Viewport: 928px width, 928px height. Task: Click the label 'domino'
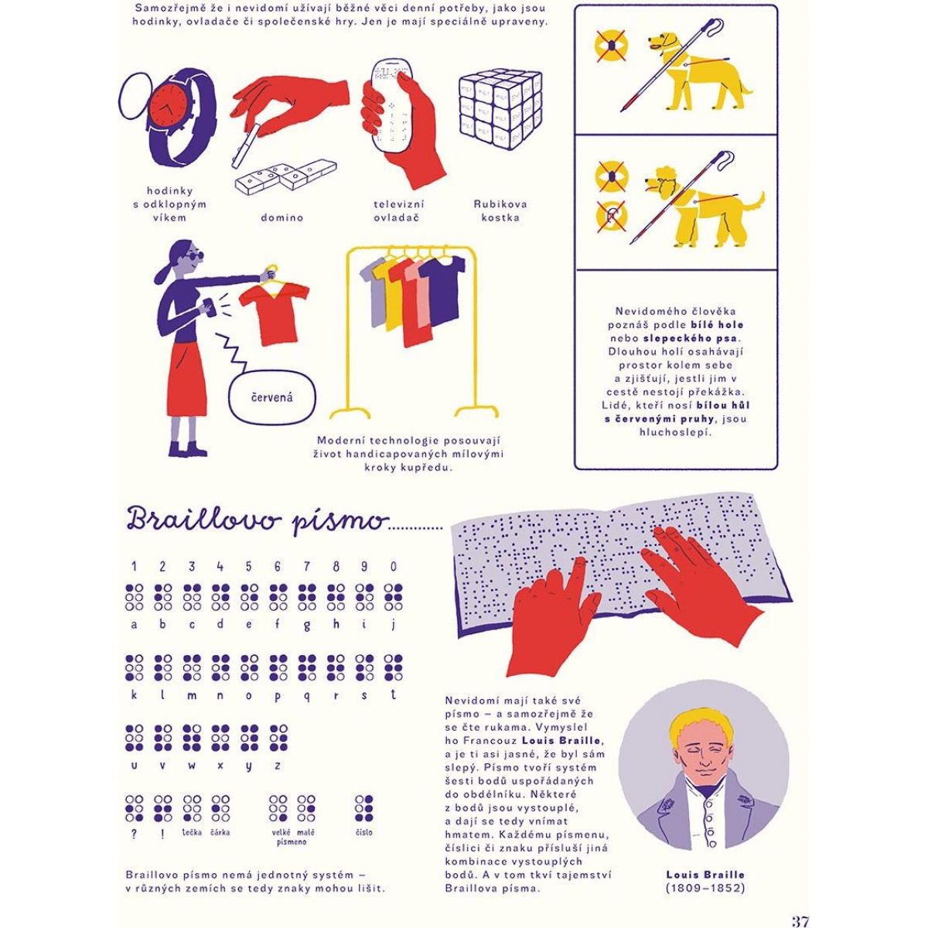pos(282,217)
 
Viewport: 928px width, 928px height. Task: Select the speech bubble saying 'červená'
pos(272,397)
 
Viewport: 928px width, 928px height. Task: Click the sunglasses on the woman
pos(193,257)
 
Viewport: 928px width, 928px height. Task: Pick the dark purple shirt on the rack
pos(443,287)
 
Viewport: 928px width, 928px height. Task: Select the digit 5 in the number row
pos(249,566)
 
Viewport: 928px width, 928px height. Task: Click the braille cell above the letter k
pos(135,667)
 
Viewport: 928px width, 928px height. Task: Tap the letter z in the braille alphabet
pos(277,766)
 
